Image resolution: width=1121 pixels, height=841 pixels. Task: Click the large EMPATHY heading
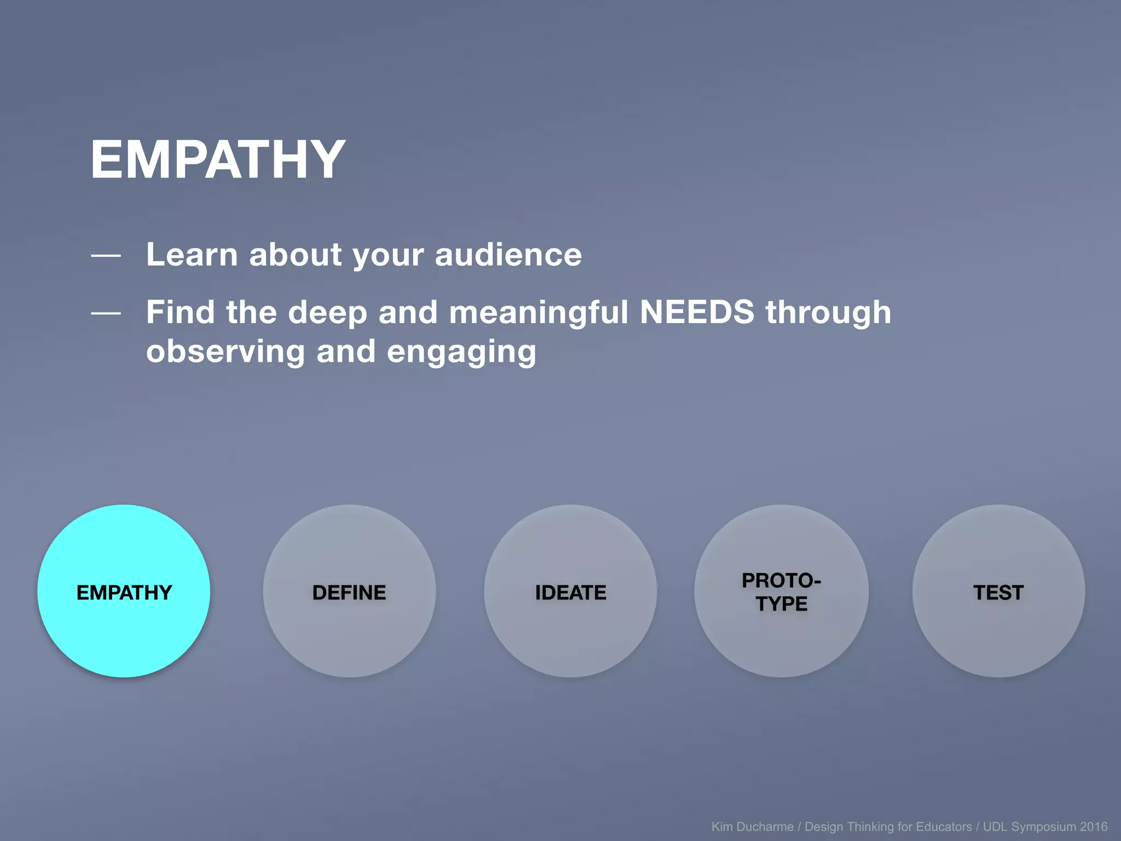tap(218, 160)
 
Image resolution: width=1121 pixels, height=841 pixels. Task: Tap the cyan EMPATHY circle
tap(124, 591)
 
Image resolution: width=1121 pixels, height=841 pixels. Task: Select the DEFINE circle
tap(349, 591)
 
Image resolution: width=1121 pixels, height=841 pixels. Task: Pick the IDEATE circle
tap(570, 591)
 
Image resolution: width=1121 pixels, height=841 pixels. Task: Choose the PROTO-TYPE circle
tap(781, 591)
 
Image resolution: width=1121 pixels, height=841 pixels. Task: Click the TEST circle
tap(998, 591)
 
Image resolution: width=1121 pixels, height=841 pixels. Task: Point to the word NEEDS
tap(697, 312)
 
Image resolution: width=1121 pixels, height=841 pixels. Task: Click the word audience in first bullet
tap(508, 255)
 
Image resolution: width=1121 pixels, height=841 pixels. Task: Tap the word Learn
tap(192, 255)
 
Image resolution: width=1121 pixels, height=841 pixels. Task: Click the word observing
tap(226, 352)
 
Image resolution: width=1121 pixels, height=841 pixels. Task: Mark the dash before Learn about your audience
tap(106, 255)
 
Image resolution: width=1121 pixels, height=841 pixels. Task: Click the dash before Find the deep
tap(106, 313)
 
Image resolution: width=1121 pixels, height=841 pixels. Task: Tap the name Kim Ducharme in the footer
tap(752, 827)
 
